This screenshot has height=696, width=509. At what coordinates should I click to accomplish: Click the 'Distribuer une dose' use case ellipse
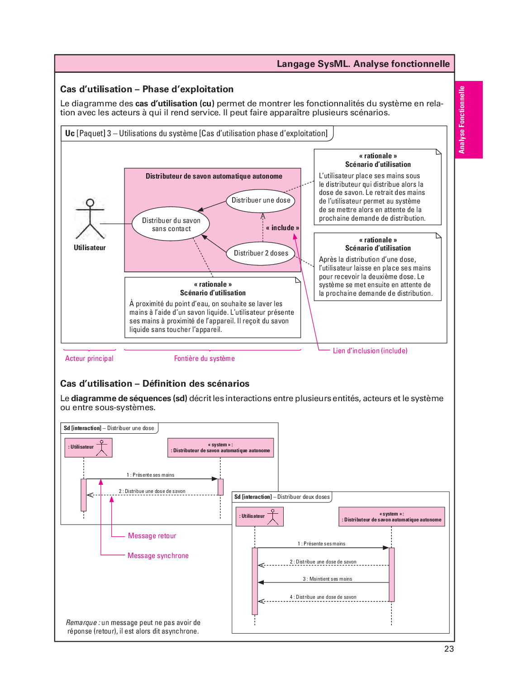(x=261, y=200)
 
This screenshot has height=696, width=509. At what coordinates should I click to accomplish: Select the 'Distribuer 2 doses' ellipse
(x=261, y=253)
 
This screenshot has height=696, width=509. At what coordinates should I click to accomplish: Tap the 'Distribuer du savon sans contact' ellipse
(x=171, y=224)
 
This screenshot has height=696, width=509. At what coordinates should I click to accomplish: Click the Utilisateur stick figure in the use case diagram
(x=90, y=219)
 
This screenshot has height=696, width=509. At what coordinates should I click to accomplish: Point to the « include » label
(x=282, y=228)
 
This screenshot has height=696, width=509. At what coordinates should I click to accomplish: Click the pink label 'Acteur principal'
(x=89, y=359)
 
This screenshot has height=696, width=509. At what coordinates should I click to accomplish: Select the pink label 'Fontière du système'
(x=205, y=359)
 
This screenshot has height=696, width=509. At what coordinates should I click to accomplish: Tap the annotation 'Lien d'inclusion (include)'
(x=370, y=351)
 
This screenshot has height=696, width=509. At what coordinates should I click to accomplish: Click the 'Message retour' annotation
(x=152, y=536)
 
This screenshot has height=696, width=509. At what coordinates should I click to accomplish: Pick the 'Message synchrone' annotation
(x=158, y=556)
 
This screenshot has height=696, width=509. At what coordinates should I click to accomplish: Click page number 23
(x=449, y=649)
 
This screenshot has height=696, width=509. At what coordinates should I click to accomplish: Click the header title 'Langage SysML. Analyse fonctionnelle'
(x=363, y=64)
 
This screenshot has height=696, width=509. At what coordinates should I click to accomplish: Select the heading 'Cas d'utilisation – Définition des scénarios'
(x=155, y=384)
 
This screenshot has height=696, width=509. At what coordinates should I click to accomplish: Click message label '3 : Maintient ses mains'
(x=327, y=579)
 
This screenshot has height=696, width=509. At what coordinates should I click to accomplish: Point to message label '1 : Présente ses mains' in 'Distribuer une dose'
(x=150, y=475)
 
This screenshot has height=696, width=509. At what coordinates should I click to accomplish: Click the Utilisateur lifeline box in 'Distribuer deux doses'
(x=260, y=516)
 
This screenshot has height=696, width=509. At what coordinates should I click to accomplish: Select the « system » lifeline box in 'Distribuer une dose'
(x=220, y=448)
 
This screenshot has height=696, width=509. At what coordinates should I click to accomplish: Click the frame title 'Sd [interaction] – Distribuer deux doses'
(x=282, y=497)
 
